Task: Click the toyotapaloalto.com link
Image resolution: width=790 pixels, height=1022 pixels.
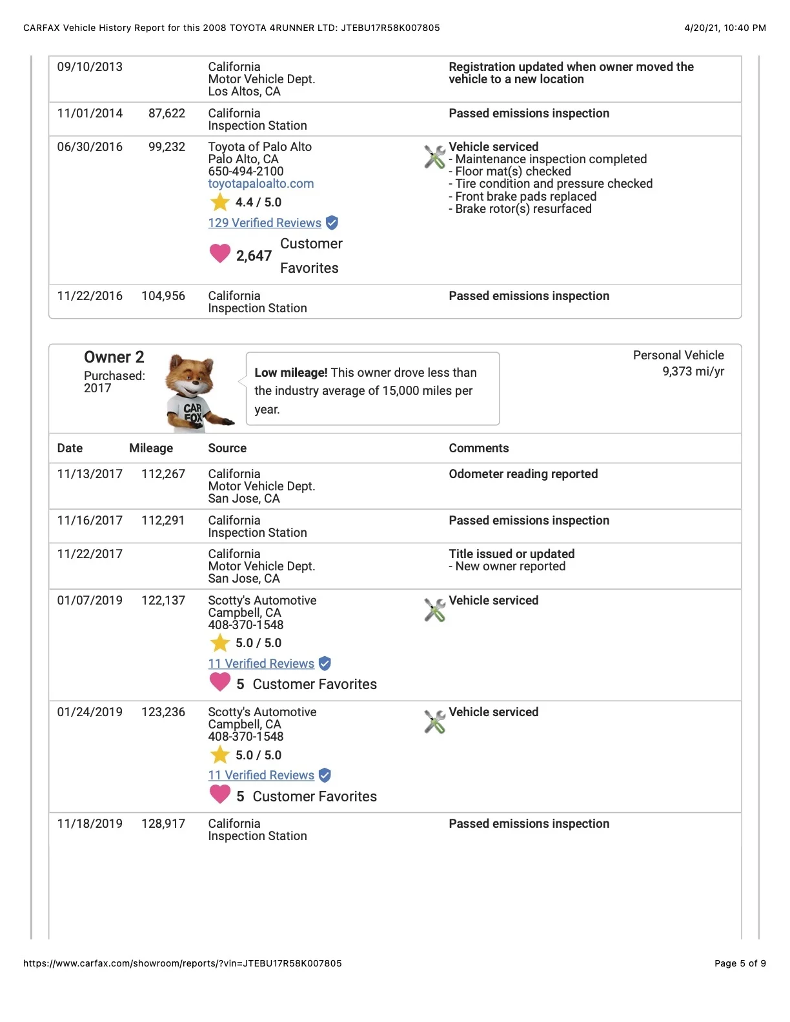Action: click(261, 184)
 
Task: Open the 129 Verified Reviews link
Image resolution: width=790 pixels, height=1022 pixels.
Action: click(265, 223)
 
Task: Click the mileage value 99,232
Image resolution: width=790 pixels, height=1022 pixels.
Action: click(167, 147)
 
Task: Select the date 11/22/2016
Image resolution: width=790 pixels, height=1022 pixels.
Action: click(90, 296)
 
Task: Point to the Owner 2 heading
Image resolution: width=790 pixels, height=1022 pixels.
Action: click(114, 357)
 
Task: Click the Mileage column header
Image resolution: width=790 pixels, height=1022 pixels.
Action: click(151, 448)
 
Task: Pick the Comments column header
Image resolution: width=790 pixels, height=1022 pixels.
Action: click(479, 448)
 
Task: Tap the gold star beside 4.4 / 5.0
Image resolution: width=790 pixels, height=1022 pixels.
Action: click(220, 203)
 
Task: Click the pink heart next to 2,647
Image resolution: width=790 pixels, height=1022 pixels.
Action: click(220, 253)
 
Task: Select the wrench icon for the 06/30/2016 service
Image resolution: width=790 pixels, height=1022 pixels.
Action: click(434, 157)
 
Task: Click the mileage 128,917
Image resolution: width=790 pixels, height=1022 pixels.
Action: click(163, 824)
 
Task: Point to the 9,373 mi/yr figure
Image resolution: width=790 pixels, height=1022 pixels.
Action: click(693, 372)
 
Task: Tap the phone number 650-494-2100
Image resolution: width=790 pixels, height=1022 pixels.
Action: click(246, 172)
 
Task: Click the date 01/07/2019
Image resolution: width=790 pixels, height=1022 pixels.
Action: click(90, 601)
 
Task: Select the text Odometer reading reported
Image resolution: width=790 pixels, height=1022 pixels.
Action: click(523, 474)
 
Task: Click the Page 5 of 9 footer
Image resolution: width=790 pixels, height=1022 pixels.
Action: click(740, 963)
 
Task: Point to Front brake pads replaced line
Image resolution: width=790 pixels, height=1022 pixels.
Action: click(525, 197)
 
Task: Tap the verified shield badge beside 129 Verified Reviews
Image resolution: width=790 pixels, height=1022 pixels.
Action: click(332, 223)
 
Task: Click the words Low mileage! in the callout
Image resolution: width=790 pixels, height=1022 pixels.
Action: click(291, 373)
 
